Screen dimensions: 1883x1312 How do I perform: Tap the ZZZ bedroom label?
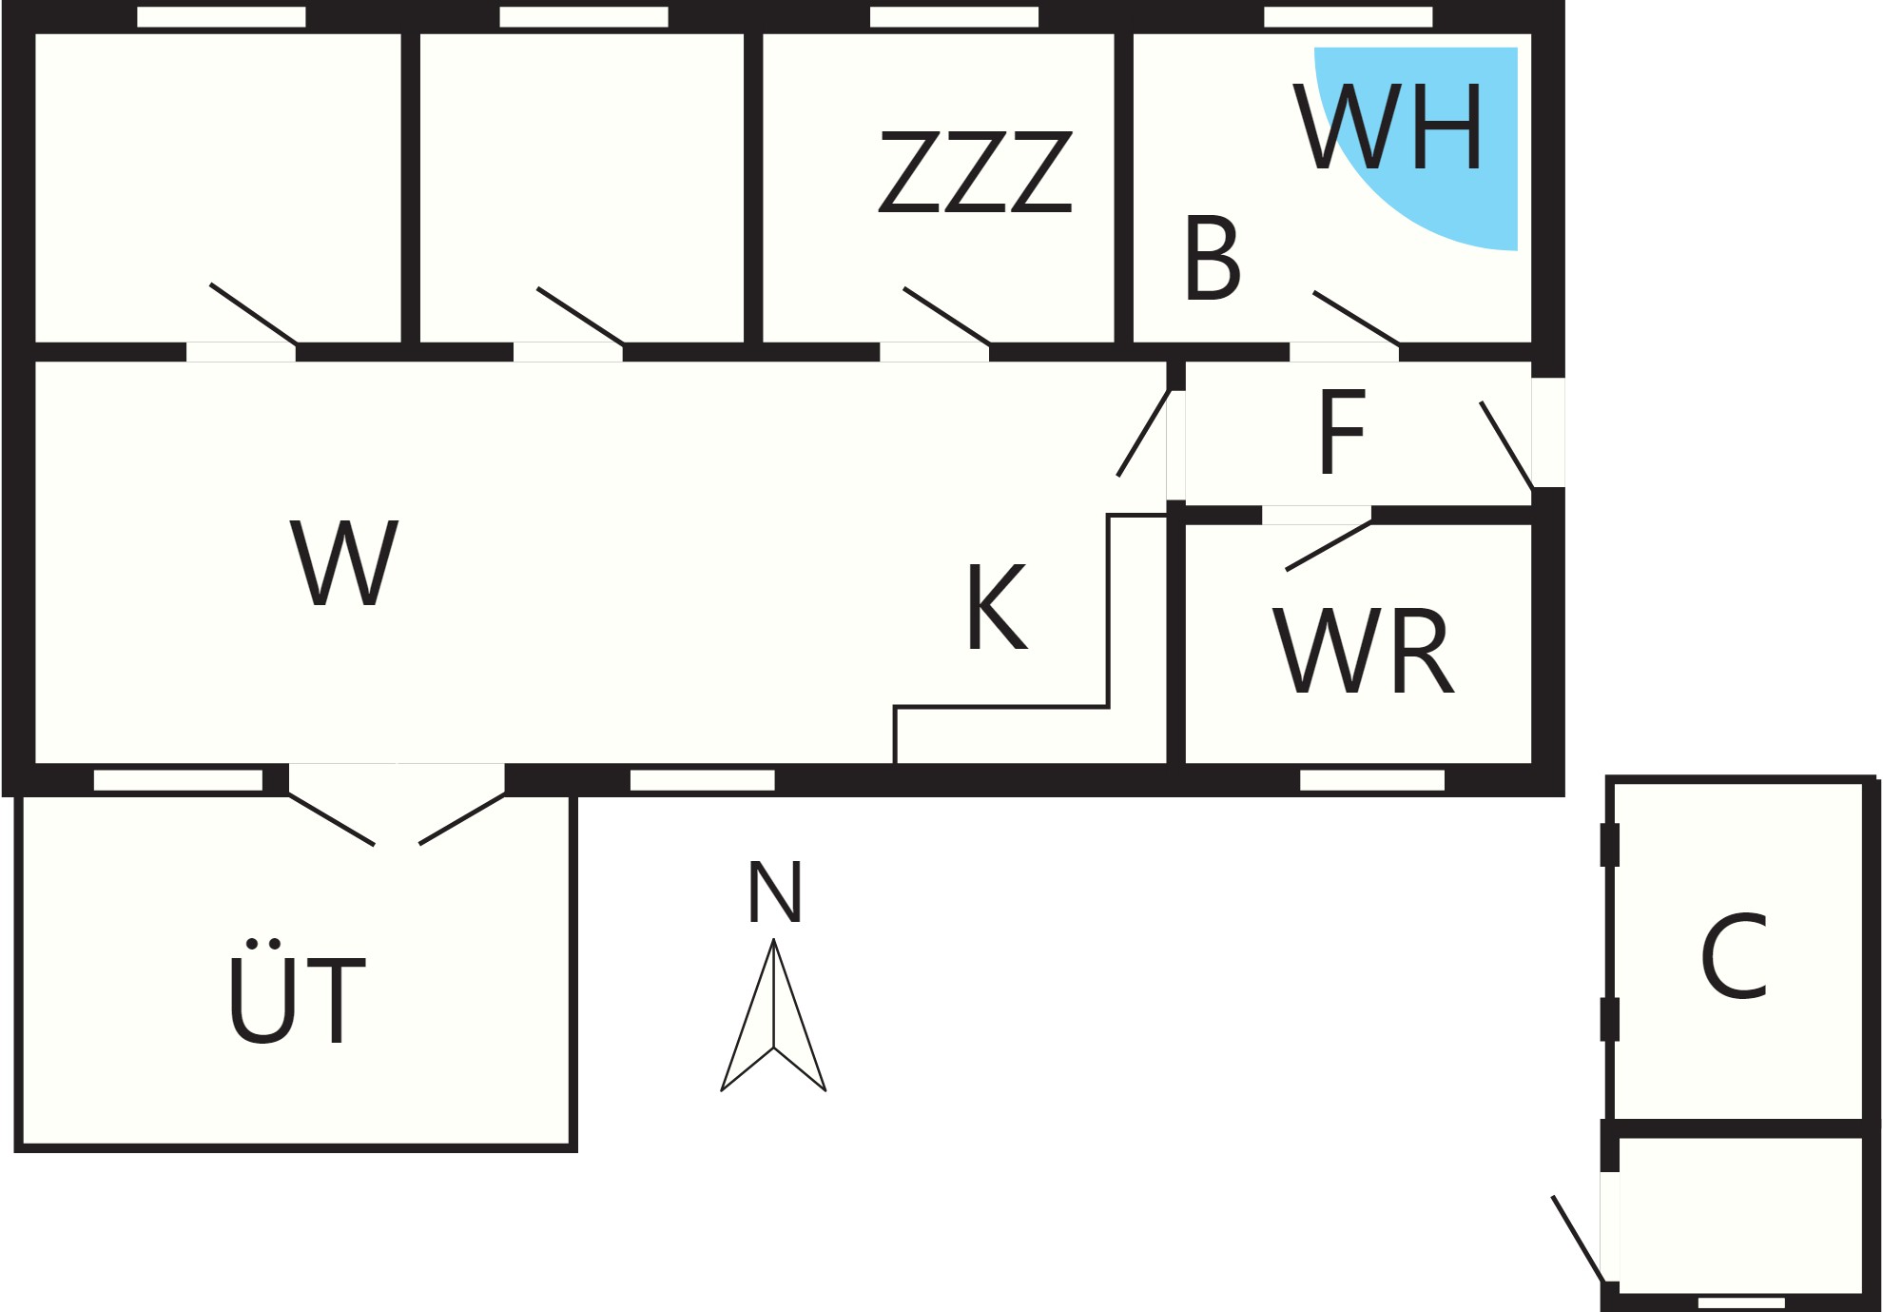976,172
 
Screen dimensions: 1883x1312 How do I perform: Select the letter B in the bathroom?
1213,258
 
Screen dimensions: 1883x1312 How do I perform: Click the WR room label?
1365,652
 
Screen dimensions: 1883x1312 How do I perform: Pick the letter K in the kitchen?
997,607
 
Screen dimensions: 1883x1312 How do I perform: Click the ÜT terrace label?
297,992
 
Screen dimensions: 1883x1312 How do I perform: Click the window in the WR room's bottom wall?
1372,780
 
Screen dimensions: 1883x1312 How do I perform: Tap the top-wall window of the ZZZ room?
954,17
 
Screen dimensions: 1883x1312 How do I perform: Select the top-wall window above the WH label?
1348,17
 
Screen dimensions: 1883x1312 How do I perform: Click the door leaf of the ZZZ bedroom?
947,316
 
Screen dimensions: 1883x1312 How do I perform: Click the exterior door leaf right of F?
1506,445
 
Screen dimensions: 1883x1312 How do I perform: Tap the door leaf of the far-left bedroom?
254,314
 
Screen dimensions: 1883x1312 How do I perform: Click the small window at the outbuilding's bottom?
1741,1302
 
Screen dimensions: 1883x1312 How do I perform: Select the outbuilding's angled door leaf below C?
1578,1240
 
